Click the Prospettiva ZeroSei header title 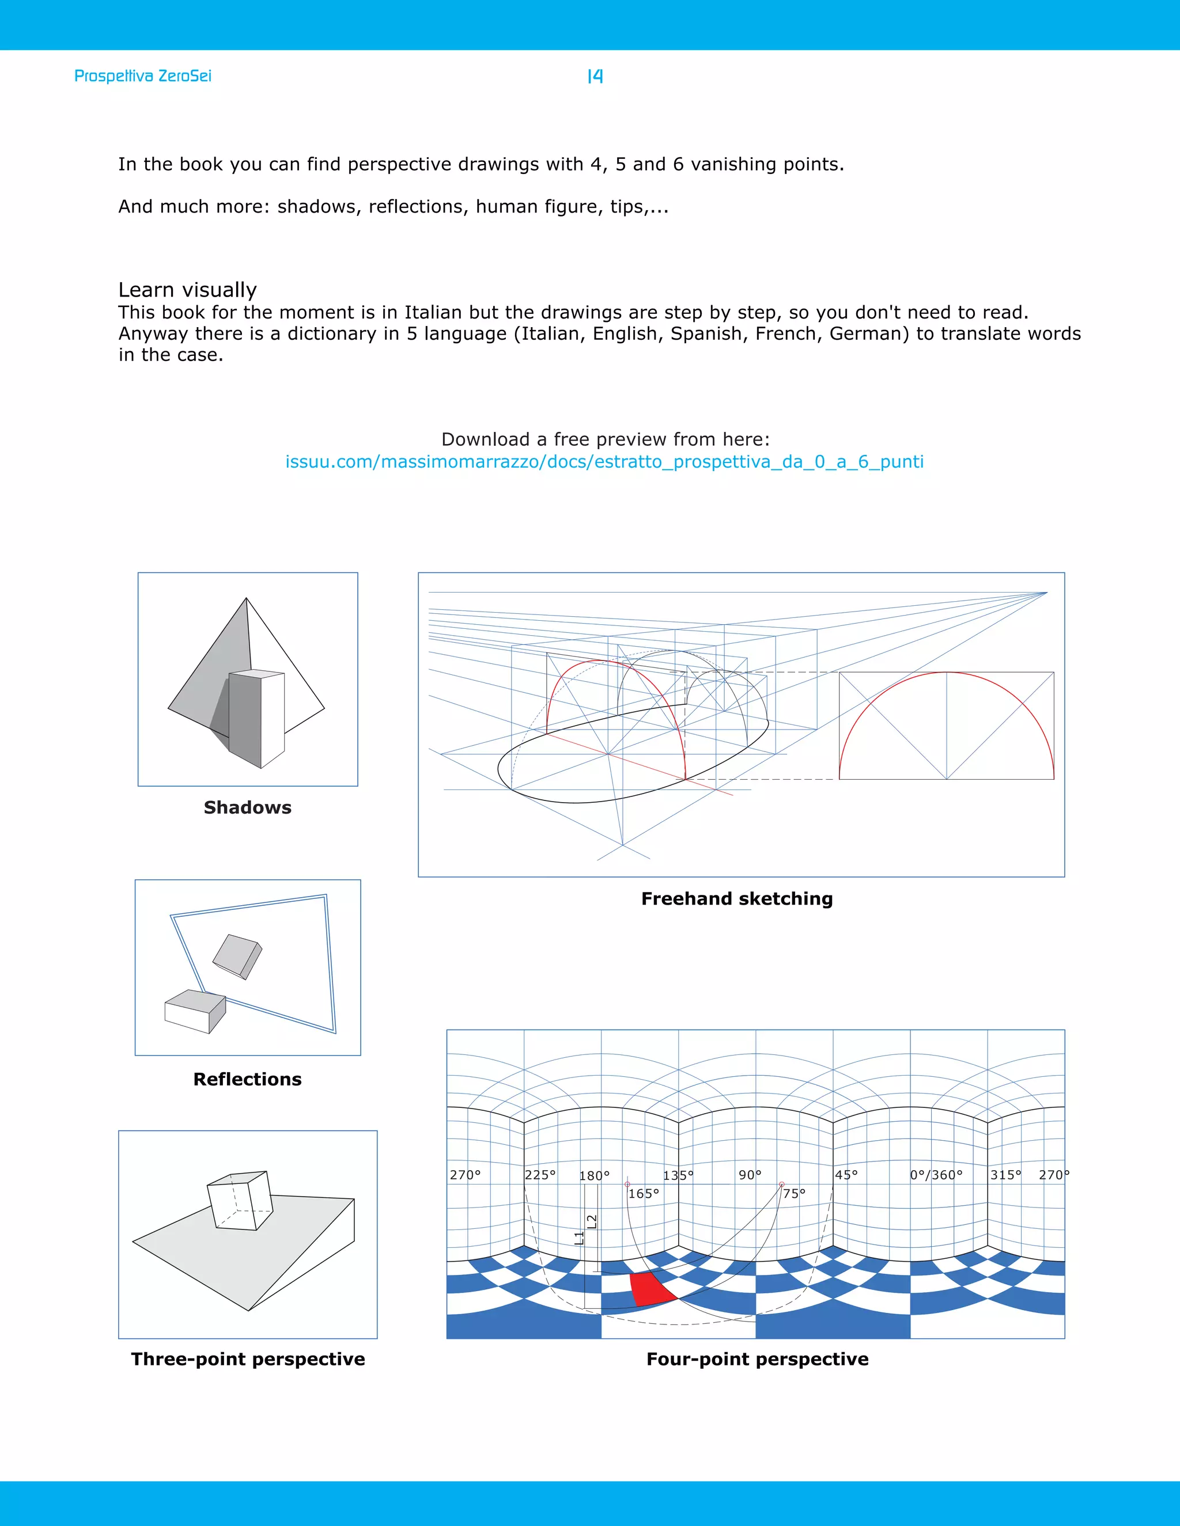143,75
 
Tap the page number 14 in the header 595,76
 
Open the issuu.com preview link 604,462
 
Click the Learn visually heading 187,289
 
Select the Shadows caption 247,808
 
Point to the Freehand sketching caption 737,898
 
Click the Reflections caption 247,1080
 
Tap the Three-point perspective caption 247,1359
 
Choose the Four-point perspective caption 757,1359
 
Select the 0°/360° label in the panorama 936,1175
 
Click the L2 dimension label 591,1221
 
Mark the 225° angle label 540,1175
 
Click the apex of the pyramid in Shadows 246,599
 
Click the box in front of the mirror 195,1011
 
